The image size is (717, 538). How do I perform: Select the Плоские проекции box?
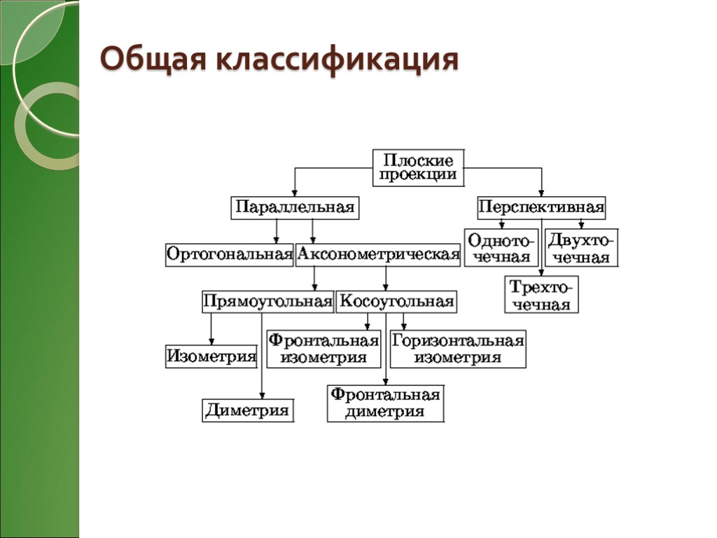418,167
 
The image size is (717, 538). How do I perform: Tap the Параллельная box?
294,208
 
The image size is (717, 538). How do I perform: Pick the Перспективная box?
541,208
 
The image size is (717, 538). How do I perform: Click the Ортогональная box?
229,254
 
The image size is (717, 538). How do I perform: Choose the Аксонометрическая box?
378,254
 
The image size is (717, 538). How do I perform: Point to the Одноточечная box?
501,247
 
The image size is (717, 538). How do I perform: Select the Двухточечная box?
581,247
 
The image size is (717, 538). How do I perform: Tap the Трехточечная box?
541,295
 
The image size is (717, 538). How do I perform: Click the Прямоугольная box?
267,302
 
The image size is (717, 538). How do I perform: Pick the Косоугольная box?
396,302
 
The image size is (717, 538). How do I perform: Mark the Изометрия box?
211,357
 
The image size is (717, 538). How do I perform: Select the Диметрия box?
248,411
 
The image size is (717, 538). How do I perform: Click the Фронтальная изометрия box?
323,349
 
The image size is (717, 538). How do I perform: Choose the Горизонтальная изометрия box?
457,349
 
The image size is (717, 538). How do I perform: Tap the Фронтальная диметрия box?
385,403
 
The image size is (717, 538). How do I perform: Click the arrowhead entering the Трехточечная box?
541,273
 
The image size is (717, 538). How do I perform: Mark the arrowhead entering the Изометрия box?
211,342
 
